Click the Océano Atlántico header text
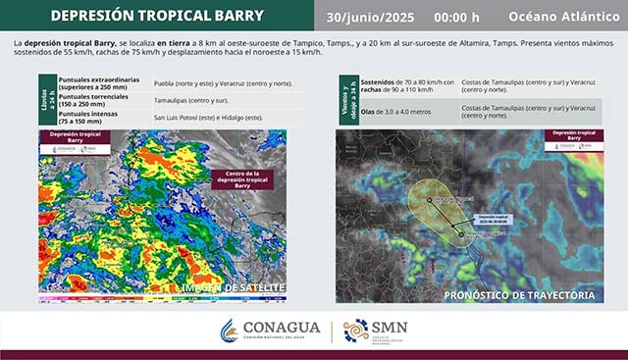563,17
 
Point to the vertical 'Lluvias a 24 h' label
47,101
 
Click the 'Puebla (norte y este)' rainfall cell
226,84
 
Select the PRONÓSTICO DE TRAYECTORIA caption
519,294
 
